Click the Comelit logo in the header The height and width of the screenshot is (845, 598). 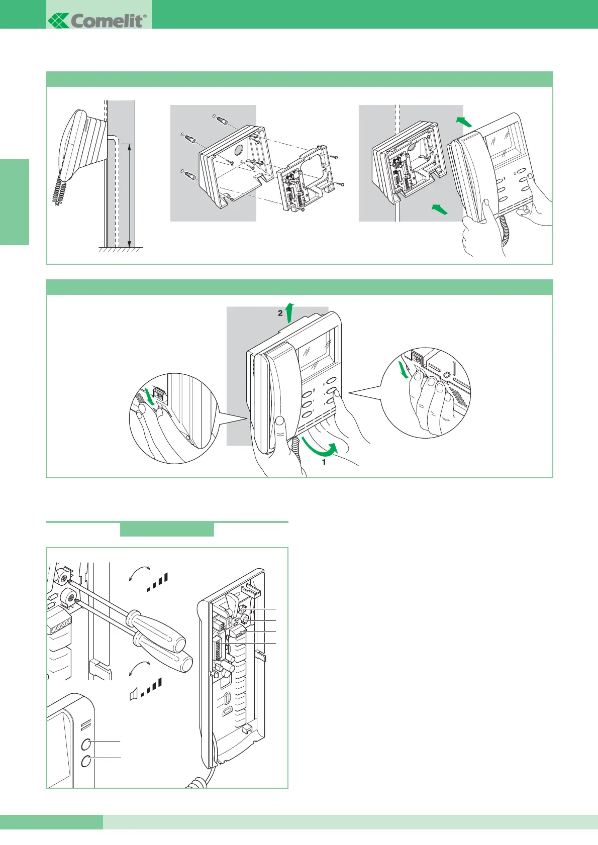pos(97,20)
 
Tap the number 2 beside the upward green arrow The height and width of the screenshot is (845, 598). pos(280,313)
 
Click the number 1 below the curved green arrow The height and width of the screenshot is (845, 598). pos(324,462)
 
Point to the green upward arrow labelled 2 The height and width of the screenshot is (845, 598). pos(289,312)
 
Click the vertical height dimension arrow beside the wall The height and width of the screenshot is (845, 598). pos(130,194)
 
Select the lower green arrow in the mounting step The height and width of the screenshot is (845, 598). pos(439,208)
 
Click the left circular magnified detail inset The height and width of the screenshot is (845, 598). pos(174,418)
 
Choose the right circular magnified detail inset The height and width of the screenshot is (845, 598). pos(426,392)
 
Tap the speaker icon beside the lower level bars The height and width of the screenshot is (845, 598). pos(133,695)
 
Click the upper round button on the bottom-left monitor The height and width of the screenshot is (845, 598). pos(86,744)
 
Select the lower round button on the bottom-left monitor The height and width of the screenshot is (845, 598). pos(86,762)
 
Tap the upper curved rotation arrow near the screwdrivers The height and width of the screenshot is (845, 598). pos(139,572)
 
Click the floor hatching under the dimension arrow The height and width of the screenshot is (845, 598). pos(121,250)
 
